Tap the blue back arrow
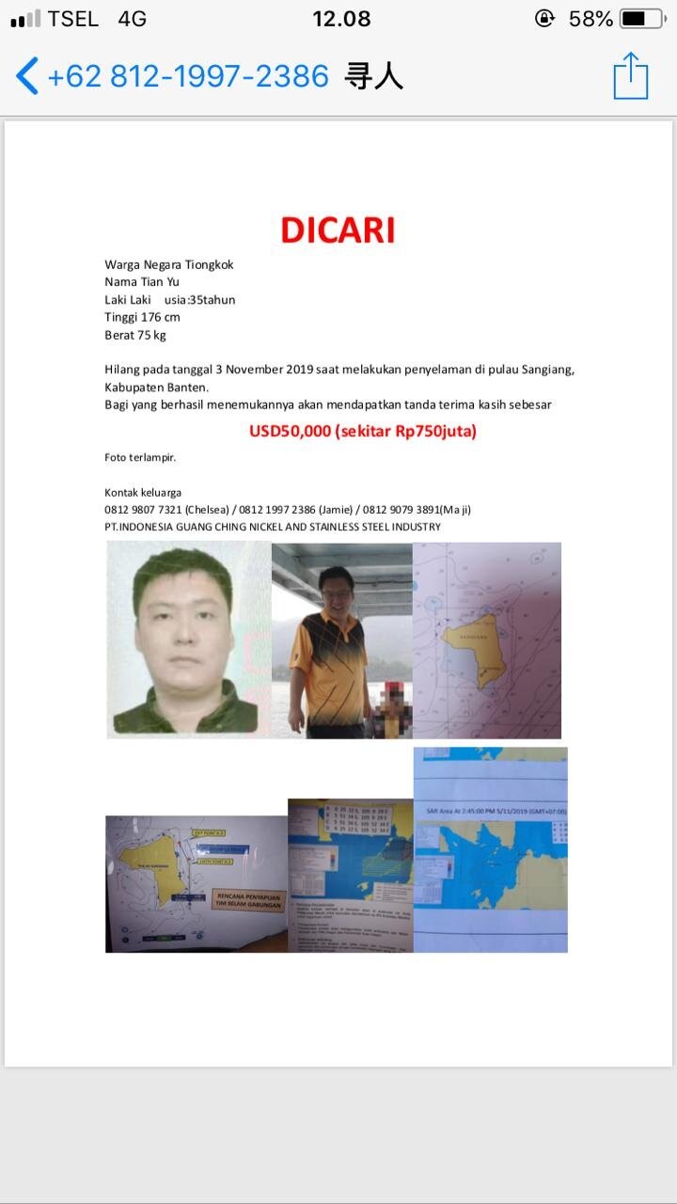pos(27,76)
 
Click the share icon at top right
pos(630,76)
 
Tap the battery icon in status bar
pos(642,19)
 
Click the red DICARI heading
pos(338,230)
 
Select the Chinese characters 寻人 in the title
pos(374,76)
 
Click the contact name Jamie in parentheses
pos(344,510)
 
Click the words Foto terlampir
pos(140,458)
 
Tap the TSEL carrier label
pos(72,19)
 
